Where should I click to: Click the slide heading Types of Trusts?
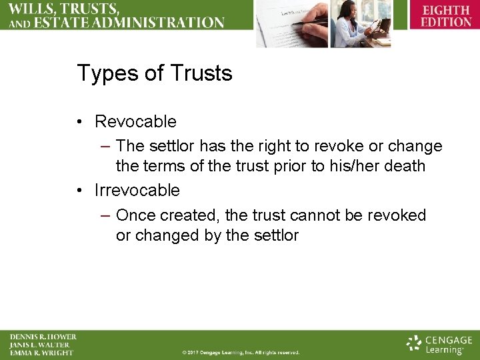(155, 73)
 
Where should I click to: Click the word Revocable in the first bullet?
(135, 121)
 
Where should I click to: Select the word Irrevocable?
(137, 190)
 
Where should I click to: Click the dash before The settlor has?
(105, 146)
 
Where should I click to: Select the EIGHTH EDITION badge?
(446, 15)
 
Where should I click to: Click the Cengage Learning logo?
(439, 344)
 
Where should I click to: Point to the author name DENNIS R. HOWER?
(43, 337)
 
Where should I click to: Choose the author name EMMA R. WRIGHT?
(41, 353)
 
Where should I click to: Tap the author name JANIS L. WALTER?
(39, 345)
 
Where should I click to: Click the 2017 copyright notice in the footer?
(241, 353)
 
